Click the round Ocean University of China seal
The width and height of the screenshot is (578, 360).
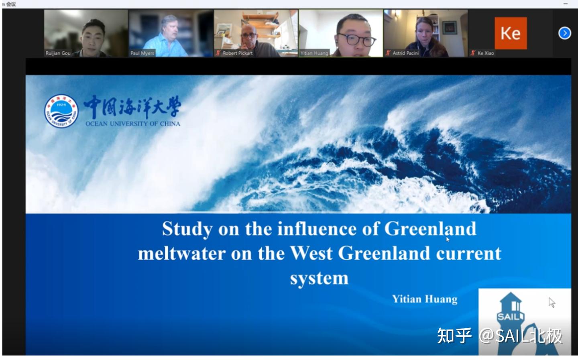[61, 111]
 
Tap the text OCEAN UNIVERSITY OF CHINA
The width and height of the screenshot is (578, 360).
[132, 124]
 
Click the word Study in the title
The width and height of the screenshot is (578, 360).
[187, 229]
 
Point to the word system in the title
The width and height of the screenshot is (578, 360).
[319, 278]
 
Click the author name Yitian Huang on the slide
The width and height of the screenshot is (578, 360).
[424, 299]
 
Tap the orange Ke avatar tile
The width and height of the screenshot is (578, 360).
[510, 33]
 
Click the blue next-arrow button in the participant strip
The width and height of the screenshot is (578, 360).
[564, 33]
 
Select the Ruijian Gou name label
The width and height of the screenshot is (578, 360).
[58, 53]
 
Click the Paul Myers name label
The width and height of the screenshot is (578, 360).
[142, 53]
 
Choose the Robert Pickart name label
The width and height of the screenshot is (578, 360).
[238, 53]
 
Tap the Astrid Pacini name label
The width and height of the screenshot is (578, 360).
[405, 53]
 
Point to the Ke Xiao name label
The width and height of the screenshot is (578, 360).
[486, 53]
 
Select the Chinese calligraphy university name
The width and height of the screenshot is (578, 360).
[132, 107]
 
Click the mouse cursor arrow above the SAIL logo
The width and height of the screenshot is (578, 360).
[552, 302]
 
